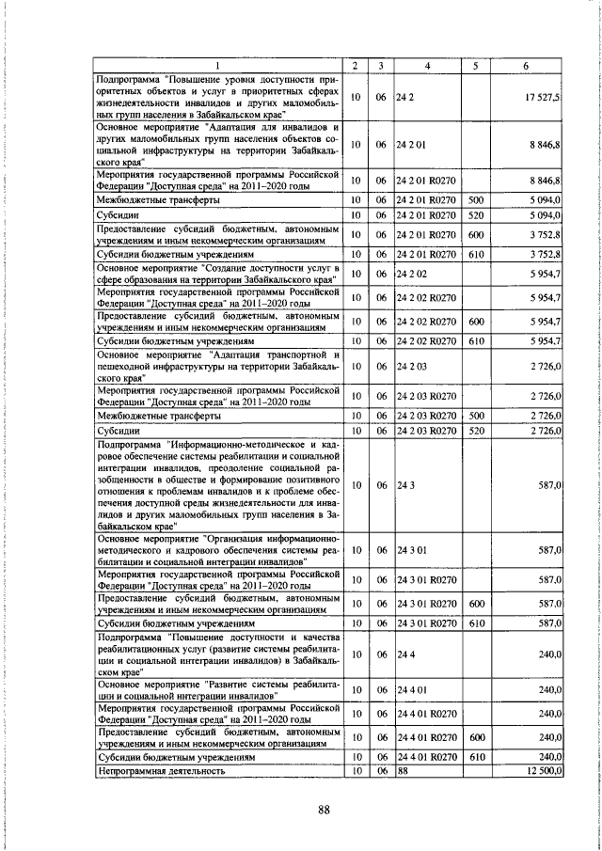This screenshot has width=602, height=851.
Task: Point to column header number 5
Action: point(476,65)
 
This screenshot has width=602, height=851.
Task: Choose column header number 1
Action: point(218,65)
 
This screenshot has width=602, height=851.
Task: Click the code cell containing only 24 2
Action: point(406,98)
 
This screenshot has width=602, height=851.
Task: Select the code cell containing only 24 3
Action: point(406,485)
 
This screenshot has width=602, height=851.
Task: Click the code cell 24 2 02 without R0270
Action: point(413,274)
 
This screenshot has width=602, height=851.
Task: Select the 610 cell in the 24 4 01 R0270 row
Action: point(476,756)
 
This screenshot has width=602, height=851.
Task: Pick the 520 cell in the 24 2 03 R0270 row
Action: point(476,431)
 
